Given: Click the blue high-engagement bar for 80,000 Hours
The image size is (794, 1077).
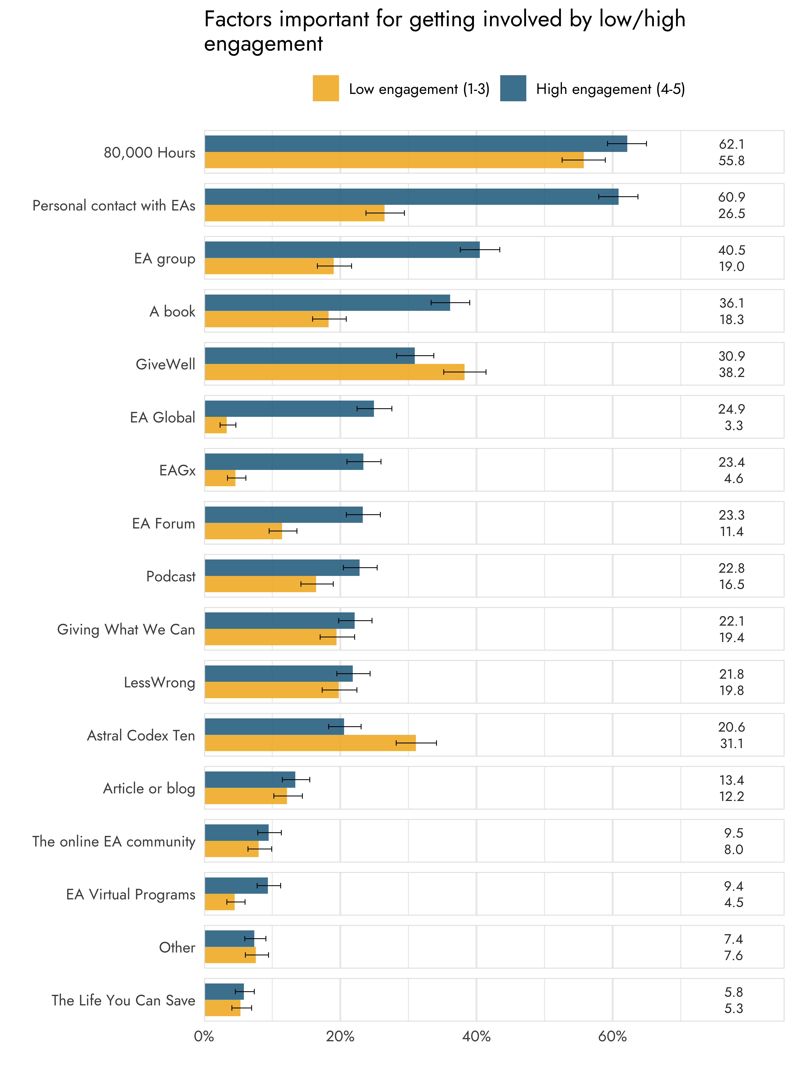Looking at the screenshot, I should pos(416,144).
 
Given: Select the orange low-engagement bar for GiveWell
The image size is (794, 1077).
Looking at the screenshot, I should pos(334,372).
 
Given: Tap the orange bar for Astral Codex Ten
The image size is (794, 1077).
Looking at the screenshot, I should pos(310,743).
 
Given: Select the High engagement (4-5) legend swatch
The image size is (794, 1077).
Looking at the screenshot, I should pos(513,88).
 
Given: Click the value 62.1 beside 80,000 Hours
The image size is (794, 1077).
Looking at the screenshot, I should pos(731,144).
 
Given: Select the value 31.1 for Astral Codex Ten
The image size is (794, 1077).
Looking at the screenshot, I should pos(731,744).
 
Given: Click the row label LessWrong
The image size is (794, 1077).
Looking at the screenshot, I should pos(160,682).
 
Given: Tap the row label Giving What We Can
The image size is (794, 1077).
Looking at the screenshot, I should pos(126,629).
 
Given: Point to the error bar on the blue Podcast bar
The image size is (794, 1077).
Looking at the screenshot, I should pos(360,568).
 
